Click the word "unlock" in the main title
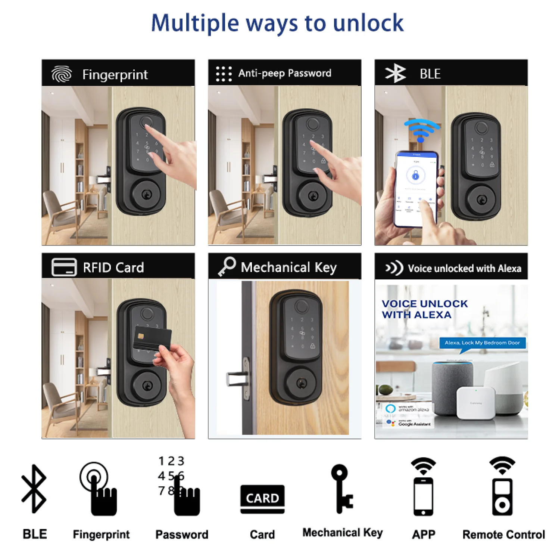368,23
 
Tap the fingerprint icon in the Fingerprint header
62,74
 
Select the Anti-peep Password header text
284,73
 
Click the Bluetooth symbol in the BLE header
395,73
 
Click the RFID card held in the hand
152,338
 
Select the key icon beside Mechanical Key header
227,267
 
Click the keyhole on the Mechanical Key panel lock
301,383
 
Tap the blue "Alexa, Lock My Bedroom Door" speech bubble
482,343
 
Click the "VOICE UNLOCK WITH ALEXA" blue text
424,309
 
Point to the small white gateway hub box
475,403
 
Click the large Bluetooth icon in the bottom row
34,488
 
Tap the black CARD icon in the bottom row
262,499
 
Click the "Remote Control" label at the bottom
503,535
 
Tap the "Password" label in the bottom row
182,535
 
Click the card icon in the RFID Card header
64,267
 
